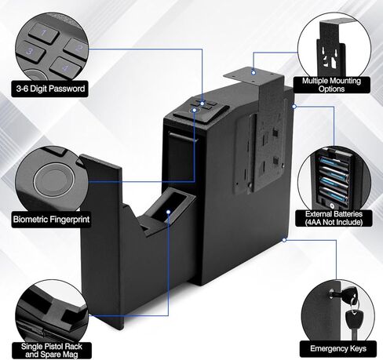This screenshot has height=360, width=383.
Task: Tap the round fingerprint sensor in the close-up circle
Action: (x=54, y=176)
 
